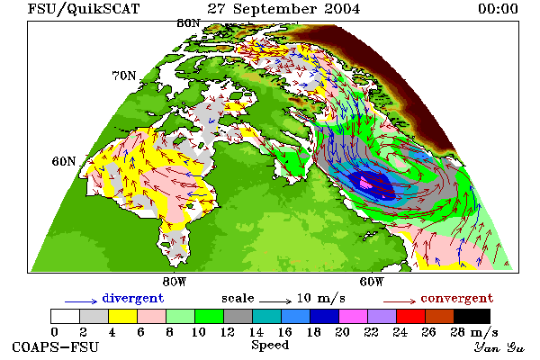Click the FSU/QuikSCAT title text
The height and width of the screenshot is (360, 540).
pos(84,9)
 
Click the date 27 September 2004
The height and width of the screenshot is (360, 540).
pos(283,9)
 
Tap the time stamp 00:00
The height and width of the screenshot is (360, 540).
pos(498,9)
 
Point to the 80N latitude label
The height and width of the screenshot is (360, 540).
pos(188,23)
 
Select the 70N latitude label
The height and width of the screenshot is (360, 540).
pos(124,76)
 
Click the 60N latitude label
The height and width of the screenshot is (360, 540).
pos(64,161)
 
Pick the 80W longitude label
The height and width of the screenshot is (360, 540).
pos(175,282)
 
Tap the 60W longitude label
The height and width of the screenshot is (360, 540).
pos(372,282)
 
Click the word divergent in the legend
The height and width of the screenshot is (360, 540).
pos(133,298)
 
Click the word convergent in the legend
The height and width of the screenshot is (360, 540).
pos(457,298)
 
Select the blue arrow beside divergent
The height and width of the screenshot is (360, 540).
pos(81,301)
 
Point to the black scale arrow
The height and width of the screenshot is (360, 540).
pos(275,301)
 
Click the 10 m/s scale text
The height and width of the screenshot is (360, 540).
pos(321,298)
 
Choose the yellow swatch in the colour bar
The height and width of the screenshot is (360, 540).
pos(122,316)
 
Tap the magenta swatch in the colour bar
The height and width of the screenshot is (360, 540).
pos(354,316)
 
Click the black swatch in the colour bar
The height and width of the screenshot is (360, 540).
pos(472,316)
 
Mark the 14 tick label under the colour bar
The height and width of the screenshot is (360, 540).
pos(256,332)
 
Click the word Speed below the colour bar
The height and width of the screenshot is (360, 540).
pos(270,346)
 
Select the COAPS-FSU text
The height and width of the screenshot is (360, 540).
pos(56,346)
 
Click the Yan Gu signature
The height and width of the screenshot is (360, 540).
pos(499,347)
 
